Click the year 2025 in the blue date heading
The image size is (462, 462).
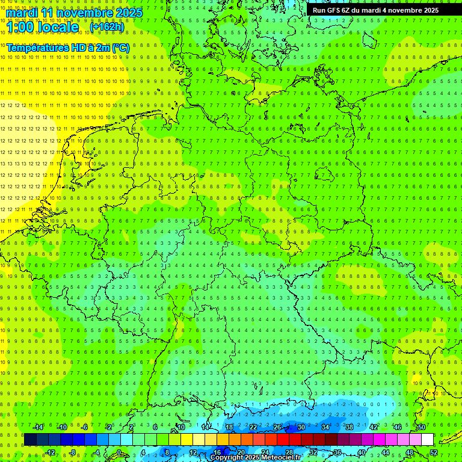click(128, 13)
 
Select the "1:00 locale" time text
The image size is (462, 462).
click(43, 27)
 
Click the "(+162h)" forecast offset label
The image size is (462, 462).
click(106, 27)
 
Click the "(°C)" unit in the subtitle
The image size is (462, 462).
click(120, 48)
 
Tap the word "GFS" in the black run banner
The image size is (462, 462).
click(333, 10)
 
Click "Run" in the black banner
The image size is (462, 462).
click(318, 10)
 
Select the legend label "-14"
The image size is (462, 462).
click(38, 427)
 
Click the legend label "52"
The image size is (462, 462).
click(434, 452)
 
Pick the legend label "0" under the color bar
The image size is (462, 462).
click(119, 452)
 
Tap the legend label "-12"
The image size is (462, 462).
click(50, 452)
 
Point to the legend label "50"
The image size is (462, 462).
click(422, 427)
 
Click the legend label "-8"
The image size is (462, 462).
click(73, 452)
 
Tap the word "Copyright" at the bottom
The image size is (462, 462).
click(228, 458)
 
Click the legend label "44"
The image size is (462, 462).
click(386, 452)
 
